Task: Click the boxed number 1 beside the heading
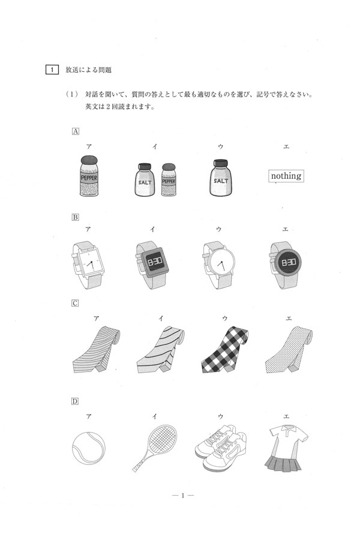coord(52,70)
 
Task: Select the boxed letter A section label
coord(76,131)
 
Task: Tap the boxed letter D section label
coord(75,401)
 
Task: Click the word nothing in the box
coord(286,176)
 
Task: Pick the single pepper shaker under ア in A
coord(89,176)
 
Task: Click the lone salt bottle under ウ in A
coord(221,178)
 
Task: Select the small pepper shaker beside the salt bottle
coord(169,180)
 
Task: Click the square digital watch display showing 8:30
coord(155,262)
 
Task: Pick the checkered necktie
coord(224,350)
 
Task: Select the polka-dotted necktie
coord(289,350)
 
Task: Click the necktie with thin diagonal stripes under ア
coord(97,350)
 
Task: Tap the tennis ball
coord(89,449)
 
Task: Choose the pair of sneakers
coord(221,448)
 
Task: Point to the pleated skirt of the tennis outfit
coord(283,462)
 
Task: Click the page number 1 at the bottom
coord(182,496)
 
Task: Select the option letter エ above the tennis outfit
coord(286,416)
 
